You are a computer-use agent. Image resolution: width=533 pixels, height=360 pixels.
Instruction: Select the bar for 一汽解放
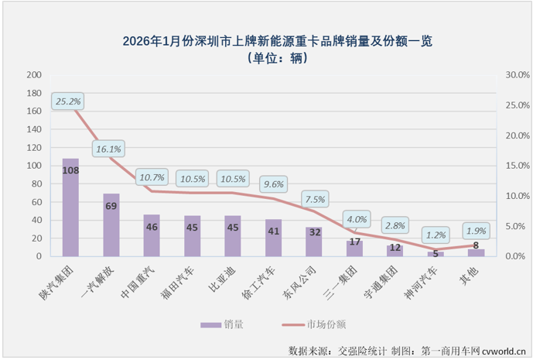pyautogui.click(x=111, y=225)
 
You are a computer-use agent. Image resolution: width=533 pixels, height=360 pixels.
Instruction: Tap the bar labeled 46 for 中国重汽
pyautogui.click(x=152, y=235)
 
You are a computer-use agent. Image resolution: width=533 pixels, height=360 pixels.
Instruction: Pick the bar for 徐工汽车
pyautogui.click(x=273, y=238)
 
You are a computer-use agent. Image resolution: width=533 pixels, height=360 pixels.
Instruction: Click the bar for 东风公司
pyautogui.click(x=313, y=242)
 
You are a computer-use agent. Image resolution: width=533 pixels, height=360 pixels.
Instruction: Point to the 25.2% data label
pyautogui.click(x=67, y=101)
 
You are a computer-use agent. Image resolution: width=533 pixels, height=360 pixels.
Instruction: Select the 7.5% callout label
pyautogui.click(x=313, y=199)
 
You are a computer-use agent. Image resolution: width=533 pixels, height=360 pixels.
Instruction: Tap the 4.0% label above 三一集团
pyautogui.click(x=356, y=219)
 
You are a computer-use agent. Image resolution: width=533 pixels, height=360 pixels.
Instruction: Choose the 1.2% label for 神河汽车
pyautogui.click(x=436, y=234)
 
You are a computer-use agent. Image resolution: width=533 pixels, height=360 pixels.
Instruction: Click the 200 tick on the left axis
pyautogui.click(x=33, y=75)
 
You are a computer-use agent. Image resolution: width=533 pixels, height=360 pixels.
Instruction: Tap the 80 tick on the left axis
pyautogui.click(x=36, y=183)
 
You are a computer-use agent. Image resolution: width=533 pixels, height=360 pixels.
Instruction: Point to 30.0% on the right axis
pyautogui.click(x=517, y=75)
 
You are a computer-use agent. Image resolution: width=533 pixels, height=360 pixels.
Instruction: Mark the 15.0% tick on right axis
pyautogui.click(x=517, y=166)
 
